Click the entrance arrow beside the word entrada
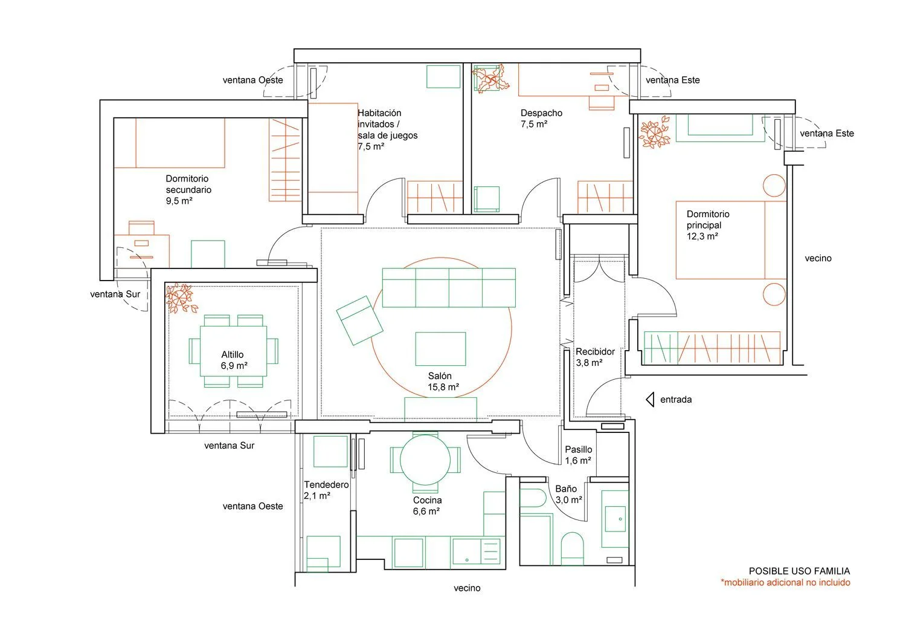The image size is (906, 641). [x=650, y=400]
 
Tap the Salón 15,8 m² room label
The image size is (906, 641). [x=443, y=382]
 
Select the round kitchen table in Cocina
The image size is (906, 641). [x=425, y=460]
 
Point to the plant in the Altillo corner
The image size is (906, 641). [x=181, y=298]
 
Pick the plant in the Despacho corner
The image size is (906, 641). [x=490, y=79]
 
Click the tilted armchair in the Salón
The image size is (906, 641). [x=359, y=320]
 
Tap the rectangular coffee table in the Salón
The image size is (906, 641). [x=440, y=349]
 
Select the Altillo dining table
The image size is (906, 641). [x=233, y=351]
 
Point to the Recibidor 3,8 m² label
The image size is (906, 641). [x=595, y=357]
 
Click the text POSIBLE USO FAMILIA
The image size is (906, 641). [x=799, y=571]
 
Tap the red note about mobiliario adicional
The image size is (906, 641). [x=785, y=582]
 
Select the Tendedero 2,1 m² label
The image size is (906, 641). [x=326, y=490]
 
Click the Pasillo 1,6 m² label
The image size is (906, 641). [x=579, y=455]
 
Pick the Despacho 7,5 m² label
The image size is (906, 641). [x=541, y=119]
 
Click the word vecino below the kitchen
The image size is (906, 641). [x=467, y=588]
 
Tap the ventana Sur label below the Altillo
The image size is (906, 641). [x=229, y=446]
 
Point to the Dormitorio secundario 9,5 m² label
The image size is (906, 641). [x=188, y=189]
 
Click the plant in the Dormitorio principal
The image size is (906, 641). [x=655, y=131]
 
